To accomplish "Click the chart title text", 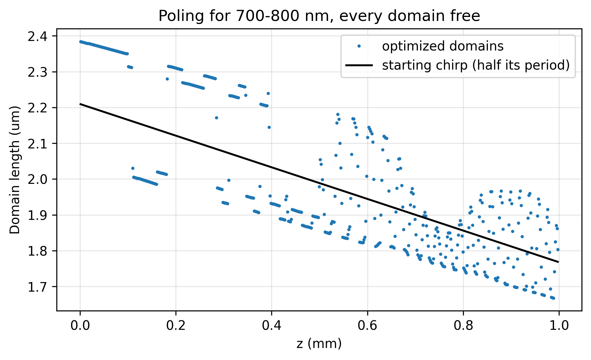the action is point(319,16).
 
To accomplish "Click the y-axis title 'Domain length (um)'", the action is point(15,170).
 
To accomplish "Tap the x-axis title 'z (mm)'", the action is point(319,344).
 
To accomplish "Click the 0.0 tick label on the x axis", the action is point(80,326).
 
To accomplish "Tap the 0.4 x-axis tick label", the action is point(272,326).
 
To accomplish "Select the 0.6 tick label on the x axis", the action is point(368,326).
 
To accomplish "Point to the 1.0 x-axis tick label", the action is point(559,326).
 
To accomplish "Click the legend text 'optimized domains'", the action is point(443,46).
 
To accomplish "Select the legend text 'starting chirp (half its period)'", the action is point(476,65).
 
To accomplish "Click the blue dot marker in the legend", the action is point(359,46).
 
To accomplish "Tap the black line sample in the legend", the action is point(359,65).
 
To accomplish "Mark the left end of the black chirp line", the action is point(80,104).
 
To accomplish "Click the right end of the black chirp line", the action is point(558,262).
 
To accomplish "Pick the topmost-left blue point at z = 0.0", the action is point(80,42).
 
